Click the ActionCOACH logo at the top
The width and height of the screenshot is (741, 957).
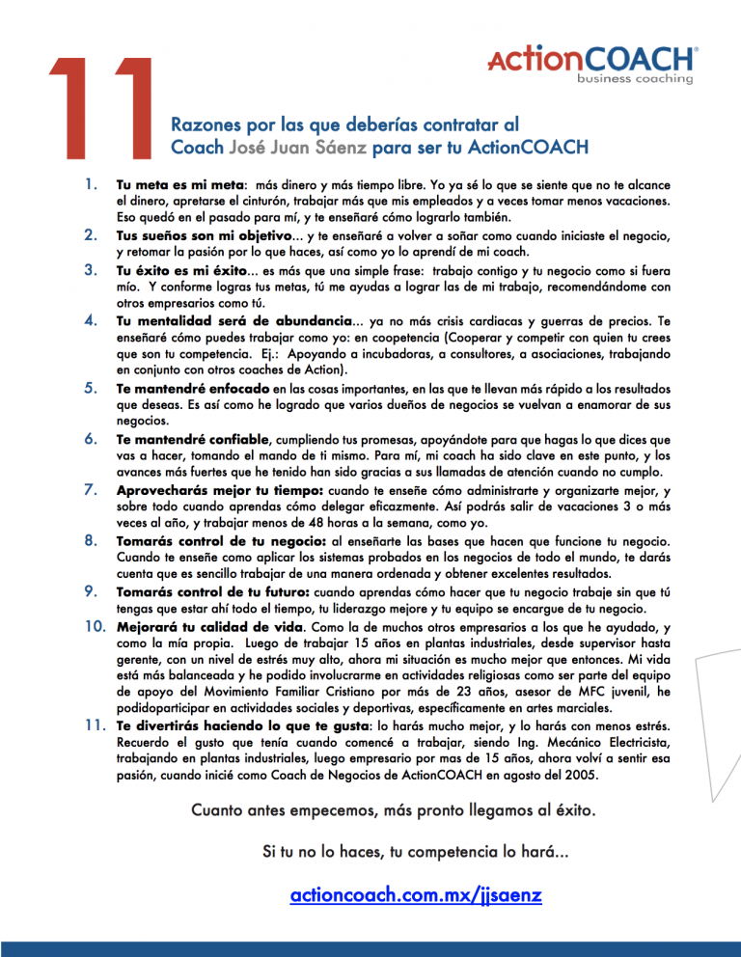tap(592, 57)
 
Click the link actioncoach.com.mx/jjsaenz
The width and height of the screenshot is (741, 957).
tap(416, 896)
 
